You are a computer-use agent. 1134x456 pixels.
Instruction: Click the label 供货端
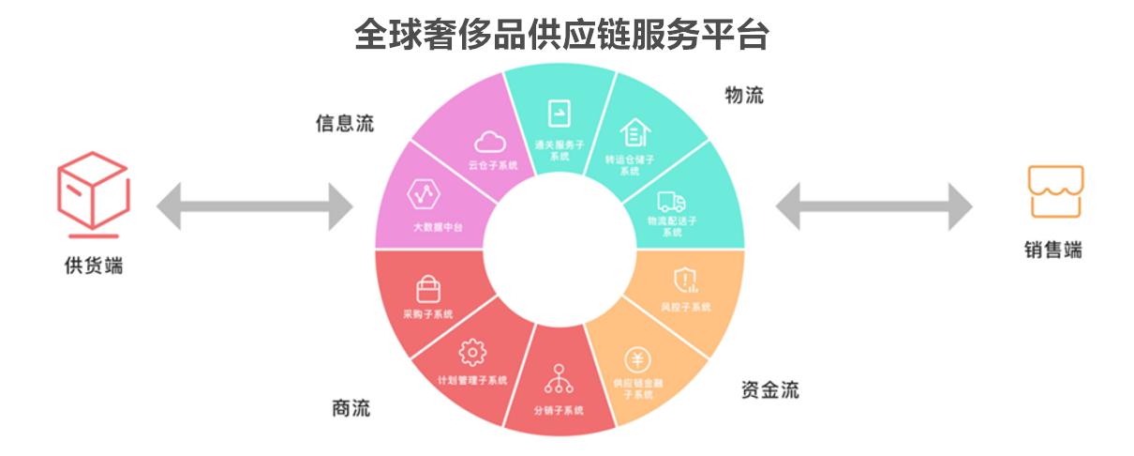93,266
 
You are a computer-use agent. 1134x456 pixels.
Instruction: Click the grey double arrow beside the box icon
254,205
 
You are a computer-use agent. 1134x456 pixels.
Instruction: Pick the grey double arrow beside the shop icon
873,205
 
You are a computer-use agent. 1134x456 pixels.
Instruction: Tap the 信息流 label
343,124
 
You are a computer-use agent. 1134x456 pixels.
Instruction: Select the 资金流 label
769,390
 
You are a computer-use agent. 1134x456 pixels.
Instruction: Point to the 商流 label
351,408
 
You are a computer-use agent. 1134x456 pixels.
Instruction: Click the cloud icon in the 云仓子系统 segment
490,142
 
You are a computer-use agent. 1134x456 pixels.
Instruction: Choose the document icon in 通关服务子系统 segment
560,114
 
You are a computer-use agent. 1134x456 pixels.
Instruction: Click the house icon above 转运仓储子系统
634,132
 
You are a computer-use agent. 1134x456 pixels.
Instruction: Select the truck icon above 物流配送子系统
671,200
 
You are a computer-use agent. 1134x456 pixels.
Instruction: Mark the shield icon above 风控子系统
685,279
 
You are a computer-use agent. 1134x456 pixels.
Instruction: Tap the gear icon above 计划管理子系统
472,353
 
